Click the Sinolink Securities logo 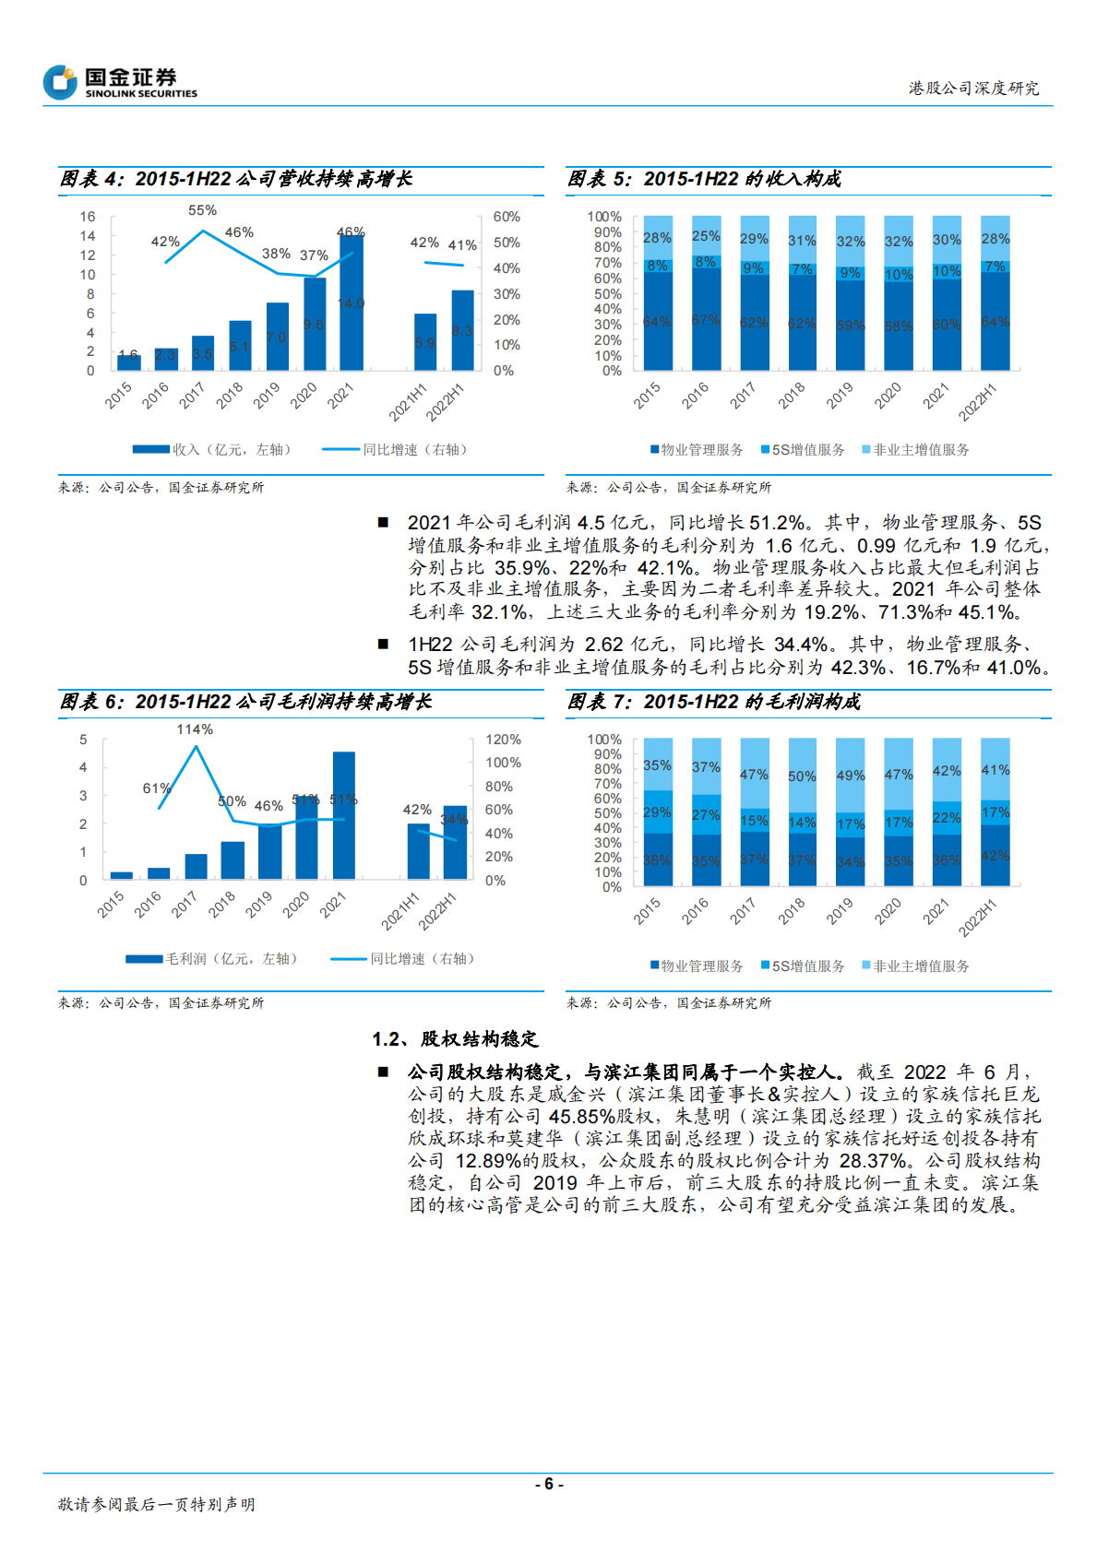[120, 82]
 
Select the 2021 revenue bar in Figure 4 [351, 304]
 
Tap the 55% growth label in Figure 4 [202, 210]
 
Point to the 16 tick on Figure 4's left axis [88, 217]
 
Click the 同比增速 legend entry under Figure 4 [397, 449]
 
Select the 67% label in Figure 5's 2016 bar [706, 319]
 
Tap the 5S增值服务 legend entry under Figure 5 [803, 449]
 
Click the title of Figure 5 [704, 179]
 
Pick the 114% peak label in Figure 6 [195, 729]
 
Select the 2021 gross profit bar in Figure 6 [344, 815]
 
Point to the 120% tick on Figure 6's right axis [503, 740]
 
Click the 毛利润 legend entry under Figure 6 [212, 959]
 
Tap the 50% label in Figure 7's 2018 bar [802, 776]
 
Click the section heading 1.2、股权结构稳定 [455, 1039]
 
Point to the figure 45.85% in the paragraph [581, 1116]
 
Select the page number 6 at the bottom [548, 1484]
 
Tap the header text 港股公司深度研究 [973, 88]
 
